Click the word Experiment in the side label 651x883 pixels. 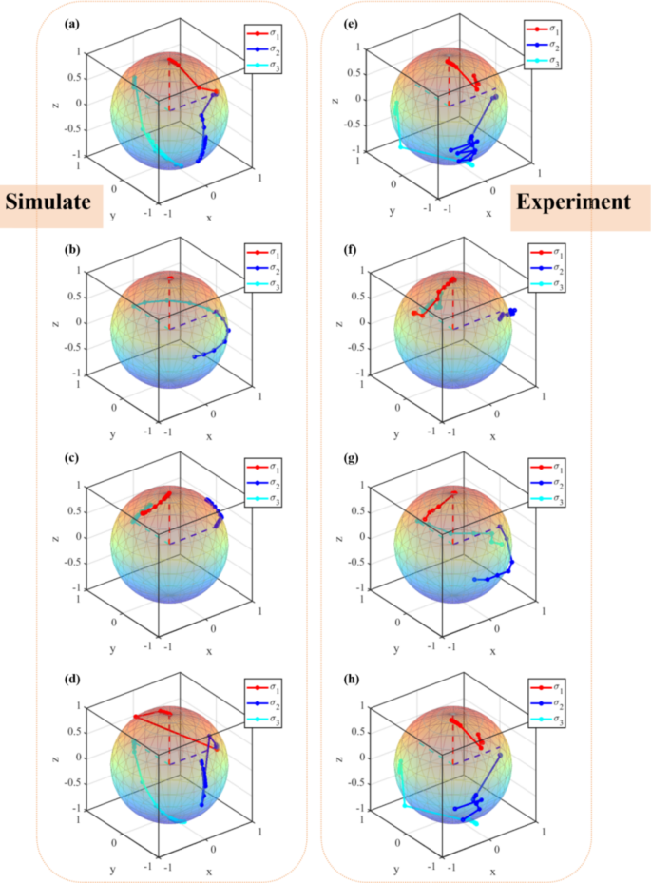(x=573, y=202)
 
